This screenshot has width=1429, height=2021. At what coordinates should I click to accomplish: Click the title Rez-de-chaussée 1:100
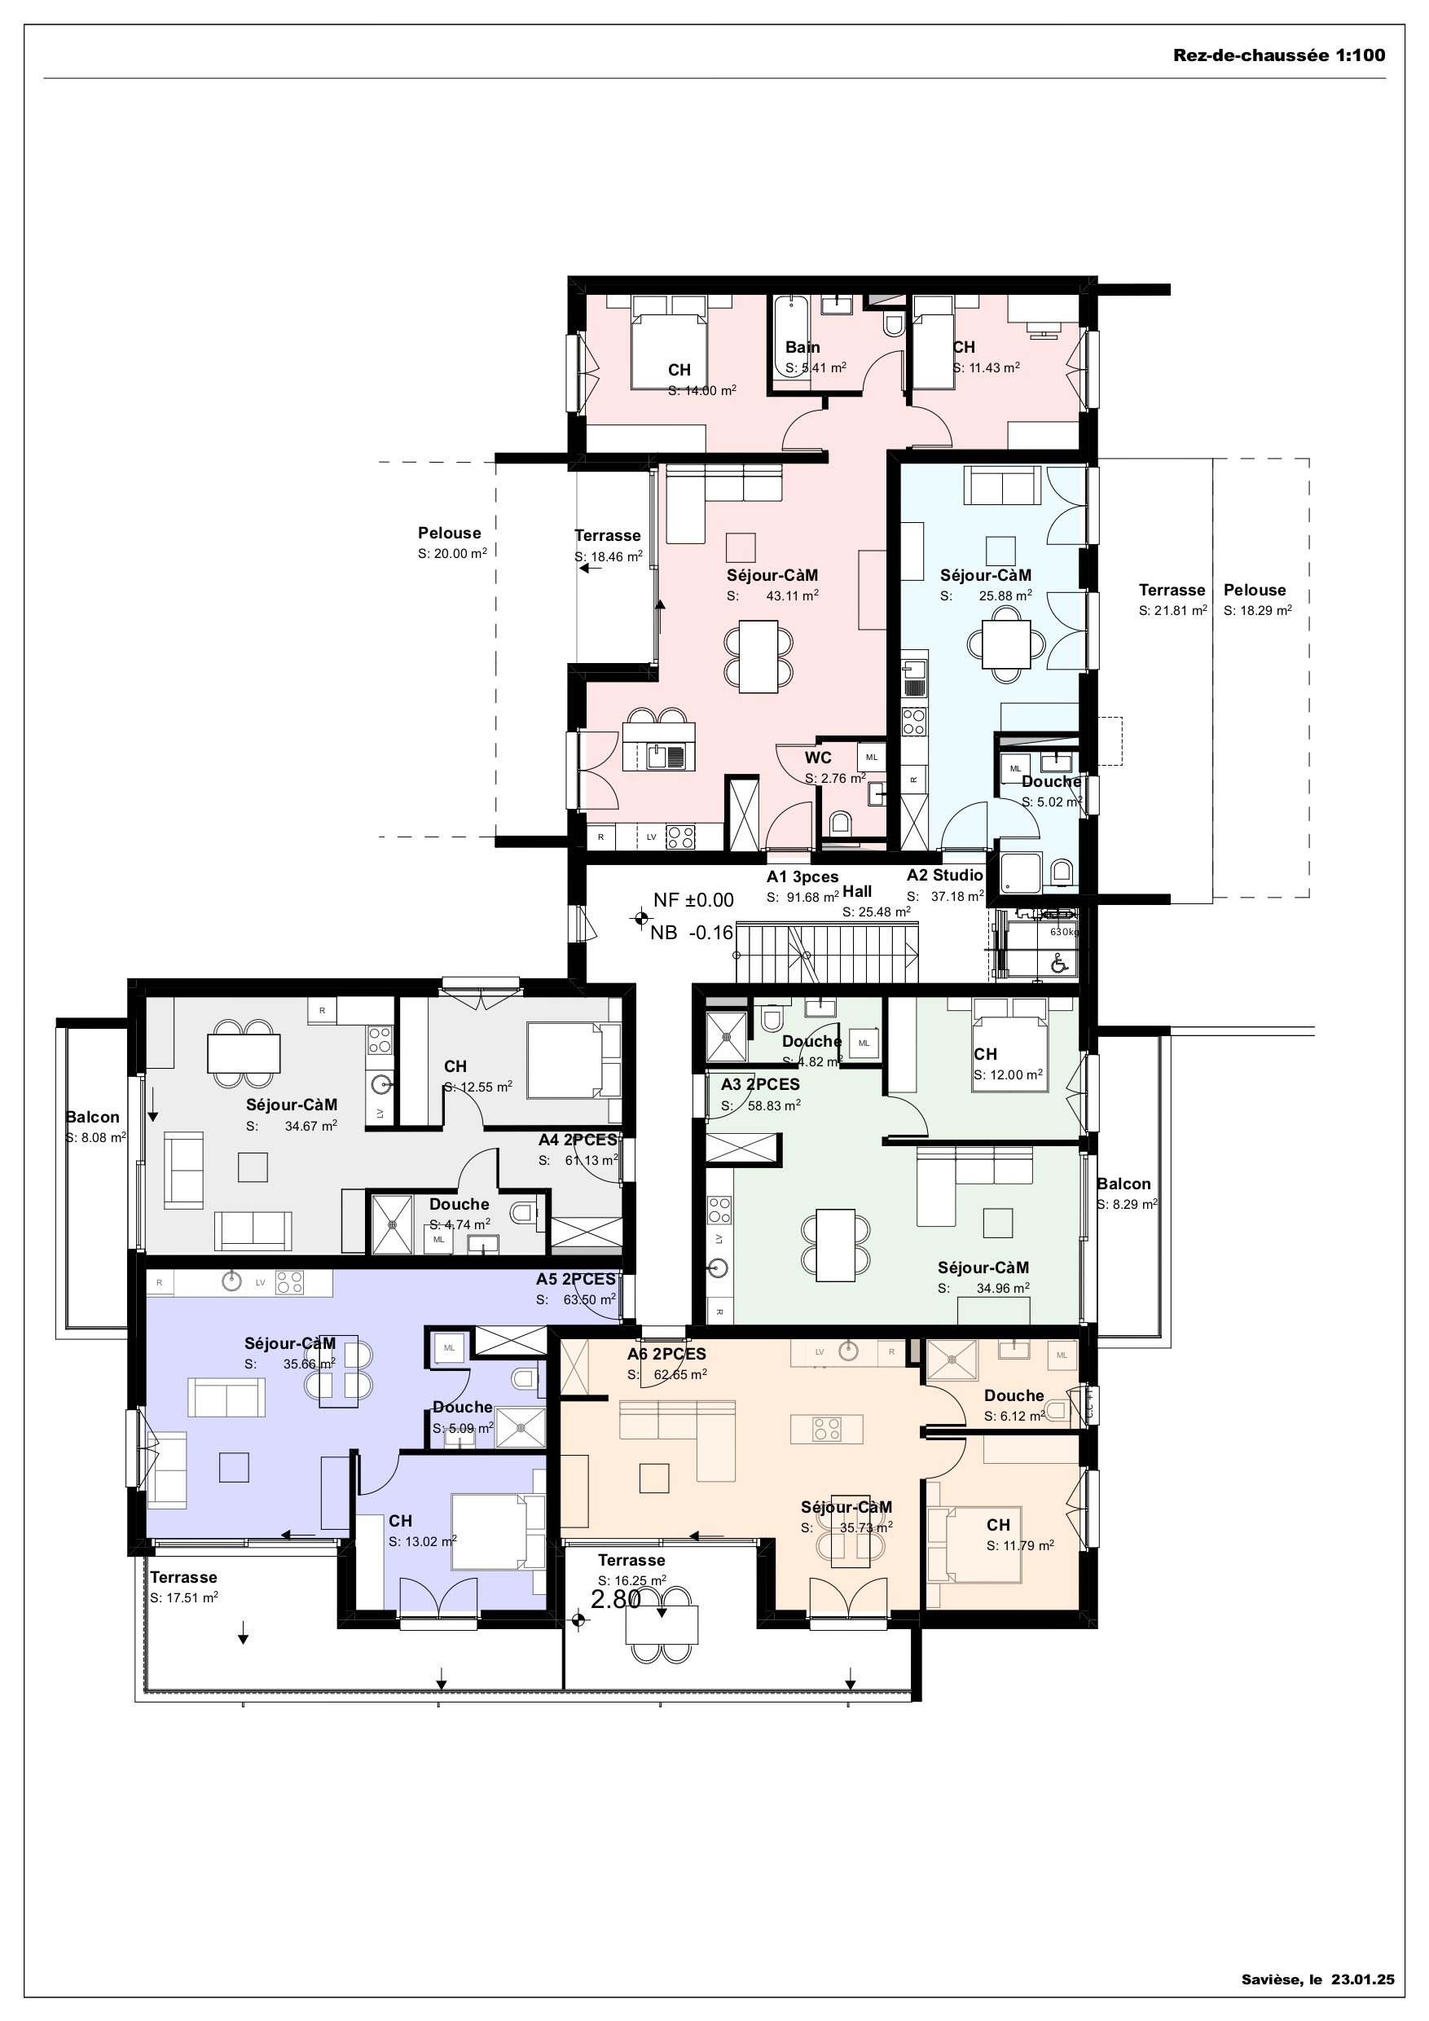point(1278,55)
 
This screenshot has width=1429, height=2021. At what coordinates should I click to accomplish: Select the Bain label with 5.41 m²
point(802,348)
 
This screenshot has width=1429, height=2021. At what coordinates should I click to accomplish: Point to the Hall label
point(857,892)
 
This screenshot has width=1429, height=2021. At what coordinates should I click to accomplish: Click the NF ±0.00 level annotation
point(693,899)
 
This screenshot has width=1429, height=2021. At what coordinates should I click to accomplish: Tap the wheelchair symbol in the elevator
point(1059,964)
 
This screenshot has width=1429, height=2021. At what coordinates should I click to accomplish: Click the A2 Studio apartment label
point(945,876)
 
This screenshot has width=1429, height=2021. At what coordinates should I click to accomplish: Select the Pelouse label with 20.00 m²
point(449,534)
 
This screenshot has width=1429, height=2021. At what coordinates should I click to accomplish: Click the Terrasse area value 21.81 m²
point(1172,611)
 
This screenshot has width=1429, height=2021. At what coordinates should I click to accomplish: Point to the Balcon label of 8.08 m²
point(92,1117)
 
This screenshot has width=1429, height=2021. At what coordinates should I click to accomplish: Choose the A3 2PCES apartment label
point(760,1084)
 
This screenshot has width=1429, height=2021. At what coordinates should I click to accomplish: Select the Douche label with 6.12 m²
point(1013,1395)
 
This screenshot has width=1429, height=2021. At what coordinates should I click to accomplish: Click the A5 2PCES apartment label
point(575,1279)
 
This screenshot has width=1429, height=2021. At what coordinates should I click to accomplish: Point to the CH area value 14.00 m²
point(701,391)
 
